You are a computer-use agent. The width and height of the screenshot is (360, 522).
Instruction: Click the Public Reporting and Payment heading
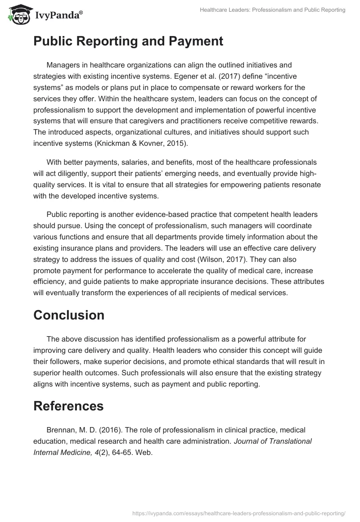click(x=128, y=41)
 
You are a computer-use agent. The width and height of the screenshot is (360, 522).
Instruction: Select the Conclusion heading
click(x=69, y=315)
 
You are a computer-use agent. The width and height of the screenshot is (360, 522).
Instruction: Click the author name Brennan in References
click(x=61, y=430)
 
